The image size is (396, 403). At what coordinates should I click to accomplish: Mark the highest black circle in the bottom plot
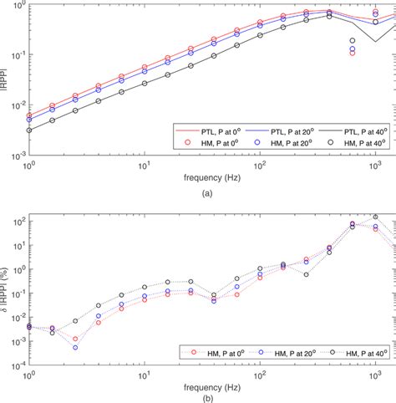[x=375, y=217]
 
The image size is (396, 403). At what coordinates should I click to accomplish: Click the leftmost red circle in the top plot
[x=29, y=116]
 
